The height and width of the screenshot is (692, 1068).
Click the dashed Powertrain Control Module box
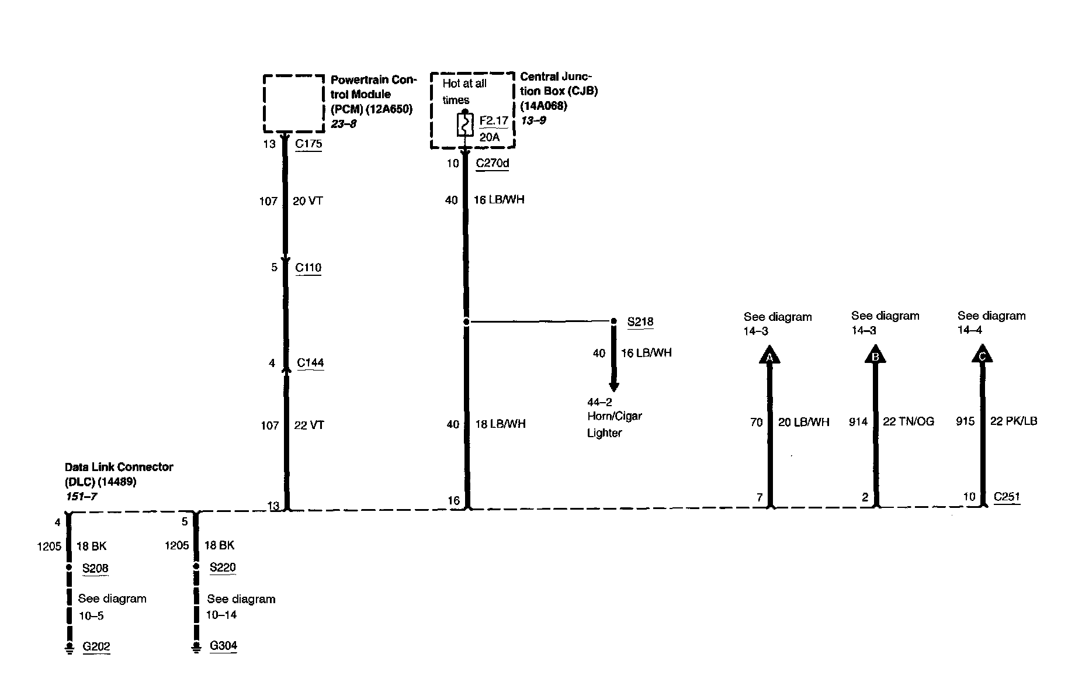click(x=293, y=103)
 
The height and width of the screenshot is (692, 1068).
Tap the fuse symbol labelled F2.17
click(x=465, y=124)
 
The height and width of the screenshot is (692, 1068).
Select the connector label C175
click(x=308, y=144)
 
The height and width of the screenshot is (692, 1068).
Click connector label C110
click(x=308, y=268)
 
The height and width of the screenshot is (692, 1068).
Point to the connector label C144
click(x=310, y=362)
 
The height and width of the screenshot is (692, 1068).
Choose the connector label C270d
click(x=492, y=163)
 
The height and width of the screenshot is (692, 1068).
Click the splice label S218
click(x=640, y=321)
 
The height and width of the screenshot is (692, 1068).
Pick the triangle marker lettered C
click(x=982, y=355)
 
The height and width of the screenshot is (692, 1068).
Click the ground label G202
click(x=96, y=646)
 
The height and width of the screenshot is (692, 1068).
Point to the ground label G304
click(x=223, y=646)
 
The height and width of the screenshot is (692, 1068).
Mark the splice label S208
click(x=95, y=568)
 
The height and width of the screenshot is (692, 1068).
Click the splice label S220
click(x=223, y=568)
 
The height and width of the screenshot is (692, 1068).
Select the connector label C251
click(x=1007, y=497)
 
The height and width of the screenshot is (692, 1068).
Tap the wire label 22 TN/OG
click(x=908, y=421)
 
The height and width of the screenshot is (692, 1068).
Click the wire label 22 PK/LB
click(x=1014, y=421)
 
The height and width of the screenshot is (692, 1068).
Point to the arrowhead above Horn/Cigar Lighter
click(x=613, y=386)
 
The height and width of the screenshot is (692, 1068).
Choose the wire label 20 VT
click(x=307, y=201)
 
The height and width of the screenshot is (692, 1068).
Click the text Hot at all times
click(x=464, y=92)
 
